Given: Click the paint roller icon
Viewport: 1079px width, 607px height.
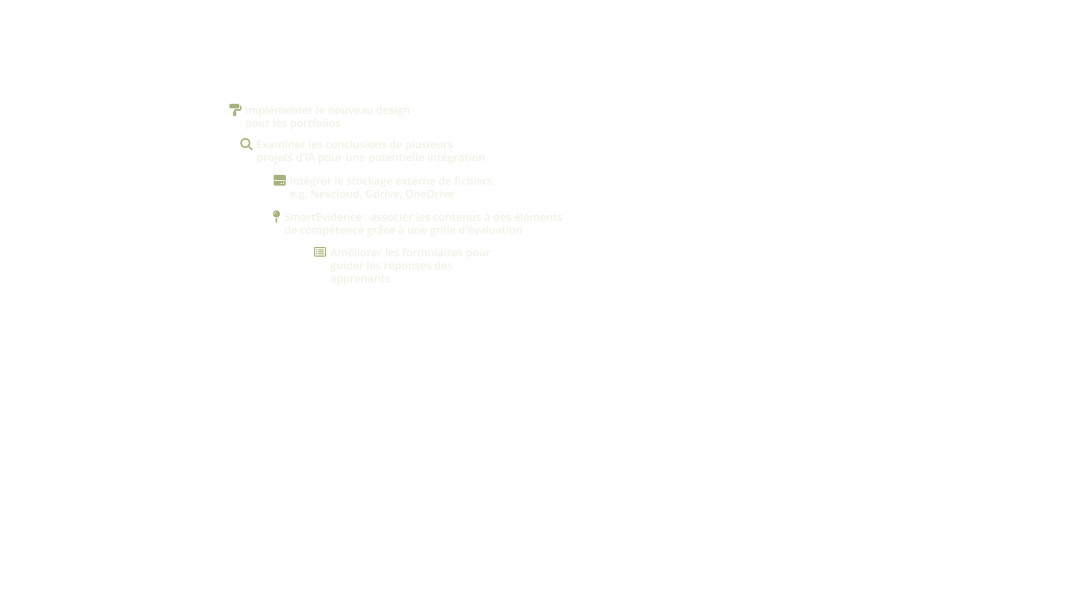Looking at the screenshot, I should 235,110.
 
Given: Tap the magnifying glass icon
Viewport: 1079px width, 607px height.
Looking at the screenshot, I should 246,144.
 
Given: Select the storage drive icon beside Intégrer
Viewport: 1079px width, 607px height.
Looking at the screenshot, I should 280,181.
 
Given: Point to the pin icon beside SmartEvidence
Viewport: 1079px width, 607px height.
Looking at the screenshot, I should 276,216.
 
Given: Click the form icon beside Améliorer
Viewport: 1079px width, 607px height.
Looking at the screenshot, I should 320,252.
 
